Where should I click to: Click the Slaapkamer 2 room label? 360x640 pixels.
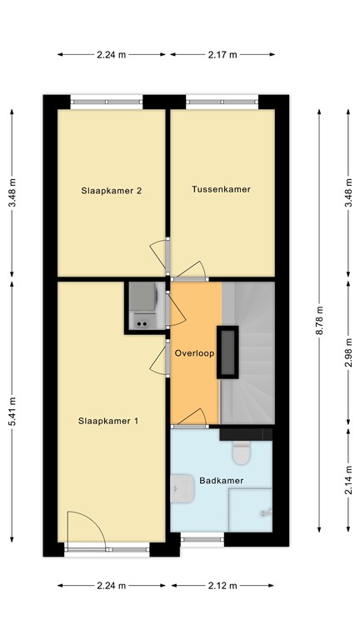point(111,190)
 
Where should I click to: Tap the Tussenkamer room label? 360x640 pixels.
point(221,189)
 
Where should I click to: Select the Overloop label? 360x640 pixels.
point(195,352)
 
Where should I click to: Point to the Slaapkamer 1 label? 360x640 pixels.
point(108,421)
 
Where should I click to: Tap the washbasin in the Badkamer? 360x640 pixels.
point(180,491)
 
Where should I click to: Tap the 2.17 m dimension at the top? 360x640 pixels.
point(222,55)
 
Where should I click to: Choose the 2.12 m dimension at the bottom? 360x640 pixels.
point(222,586)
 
